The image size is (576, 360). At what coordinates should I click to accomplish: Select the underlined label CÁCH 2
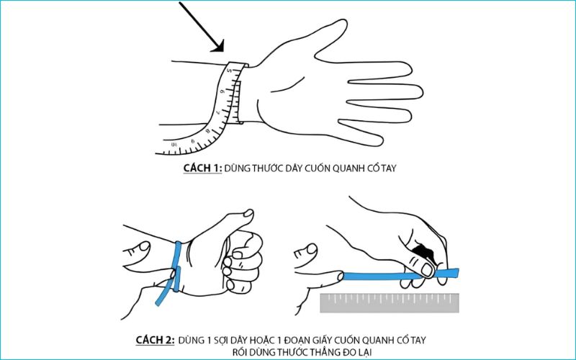pos(158,338)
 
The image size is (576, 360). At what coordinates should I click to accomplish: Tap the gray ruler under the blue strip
pos(389,302)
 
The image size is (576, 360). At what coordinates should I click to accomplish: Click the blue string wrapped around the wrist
pos(176,259)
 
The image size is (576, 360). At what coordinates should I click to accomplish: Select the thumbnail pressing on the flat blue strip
pos(426,269)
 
